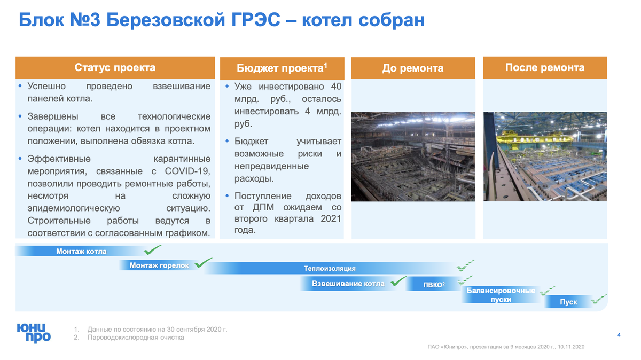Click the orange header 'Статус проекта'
115,68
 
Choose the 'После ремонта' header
544,68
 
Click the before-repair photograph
412,156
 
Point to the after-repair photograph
544,156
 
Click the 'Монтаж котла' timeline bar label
81,252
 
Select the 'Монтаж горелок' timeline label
159,265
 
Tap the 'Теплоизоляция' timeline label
330,268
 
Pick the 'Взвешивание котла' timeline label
348,284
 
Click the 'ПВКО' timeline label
434,285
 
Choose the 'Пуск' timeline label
568,302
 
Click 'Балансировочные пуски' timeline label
501,295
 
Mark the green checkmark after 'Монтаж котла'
152,249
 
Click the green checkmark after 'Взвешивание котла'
398,281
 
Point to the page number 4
619,335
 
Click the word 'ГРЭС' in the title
256,20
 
